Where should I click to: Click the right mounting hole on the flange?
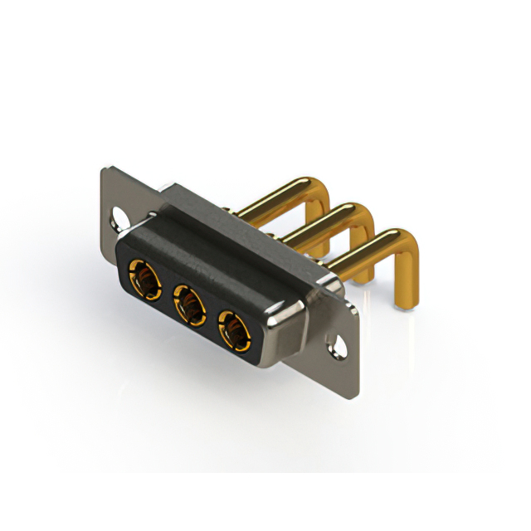point(338,342)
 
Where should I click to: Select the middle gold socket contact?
point(190,304)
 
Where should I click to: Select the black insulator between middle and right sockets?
point(212,318)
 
